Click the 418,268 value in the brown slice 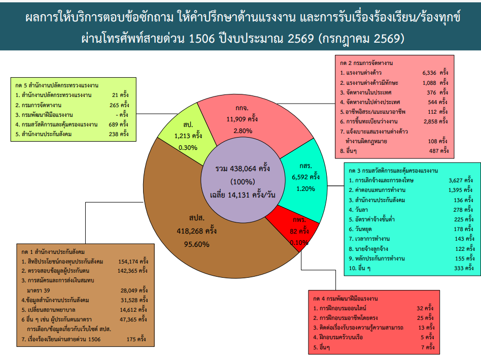pyautogui.click(x=189, y=231)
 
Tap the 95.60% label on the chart pyautogui.click(x=197, y=244)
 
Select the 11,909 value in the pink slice pyautogui.click(x=235, y=119)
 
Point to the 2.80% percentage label pyautogui.click(x=243, y=131)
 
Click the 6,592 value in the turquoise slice pyautogui.click(x=299, y=177)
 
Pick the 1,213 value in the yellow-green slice pyautogui.click(x=182, y=136)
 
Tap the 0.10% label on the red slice pyautogui.click(x=299, y=243)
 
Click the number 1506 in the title pyautogui.click(x=202, y=39)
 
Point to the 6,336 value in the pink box pyautogui.click(x=429, y=73)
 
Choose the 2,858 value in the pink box pyautogui.click(x=430, y=121)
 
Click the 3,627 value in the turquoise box pyautogui.click(x=456, y=180)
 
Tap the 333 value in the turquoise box pyautogui.click(x=459, y=268)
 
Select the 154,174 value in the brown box pyautogui.click(x=128, y=261)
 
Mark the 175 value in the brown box pyautogui.click(x=131, y=340)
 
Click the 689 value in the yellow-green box pyautogui.click(x=114, y=124)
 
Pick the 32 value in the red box pyautogui.click(x=420, y=308)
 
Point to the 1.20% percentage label pyautogui.click(x=305, y=189)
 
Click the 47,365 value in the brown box pyautogui.click(x=128, y=319)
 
